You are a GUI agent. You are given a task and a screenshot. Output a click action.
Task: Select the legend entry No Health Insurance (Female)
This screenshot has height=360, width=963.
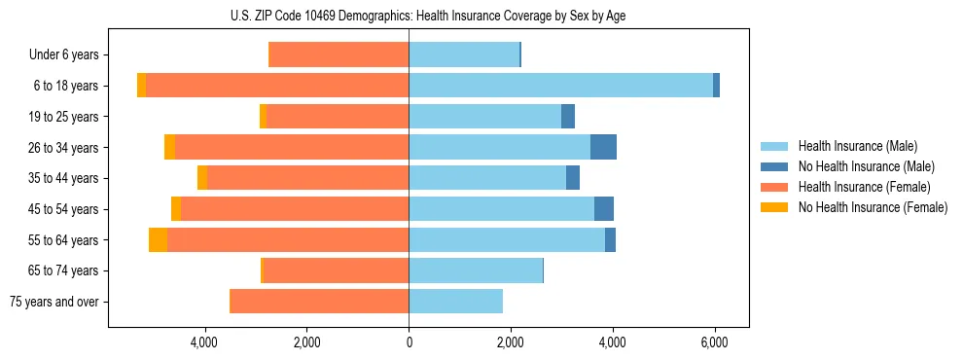(873, 207)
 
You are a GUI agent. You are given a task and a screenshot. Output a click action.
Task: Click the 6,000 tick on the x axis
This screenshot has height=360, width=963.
(715, 342)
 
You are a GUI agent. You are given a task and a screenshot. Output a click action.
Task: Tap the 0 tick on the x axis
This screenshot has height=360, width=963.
(409, 342)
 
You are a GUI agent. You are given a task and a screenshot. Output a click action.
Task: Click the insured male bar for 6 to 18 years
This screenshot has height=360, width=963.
(560, 86)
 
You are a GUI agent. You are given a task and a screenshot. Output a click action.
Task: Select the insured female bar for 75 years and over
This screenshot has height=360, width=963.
(319, 302)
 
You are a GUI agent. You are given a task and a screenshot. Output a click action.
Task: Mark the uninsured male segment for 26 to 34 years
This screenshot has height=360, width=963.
(603, 147)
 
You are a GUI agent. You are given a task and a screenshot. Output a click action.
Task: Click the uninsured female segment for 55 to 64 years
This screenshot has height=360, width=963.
(158, 239)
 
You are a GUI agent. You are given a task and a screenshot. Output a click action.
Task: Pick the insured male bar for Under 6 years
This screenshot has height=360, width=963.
(464, 55)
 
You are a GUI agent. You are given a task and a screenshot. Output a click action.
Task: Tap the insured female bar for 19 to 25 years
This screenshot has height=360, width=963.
(338, 117)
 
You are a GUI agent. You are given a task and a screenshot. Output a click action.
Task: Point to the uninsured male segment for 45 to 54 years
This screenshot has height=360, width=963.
(604, 209)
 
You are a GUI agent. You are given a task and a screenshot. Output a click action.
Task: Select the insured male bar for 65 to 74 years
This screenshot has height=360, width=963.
(476, 270)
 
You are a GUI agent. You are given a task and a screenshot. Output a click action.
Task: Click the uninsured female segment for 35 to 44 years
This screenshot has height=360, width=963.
(202, 178)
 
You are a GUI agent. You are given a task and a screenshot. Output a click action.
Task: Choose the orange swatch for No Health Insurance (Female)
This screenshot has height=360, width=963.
(774, 207)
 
